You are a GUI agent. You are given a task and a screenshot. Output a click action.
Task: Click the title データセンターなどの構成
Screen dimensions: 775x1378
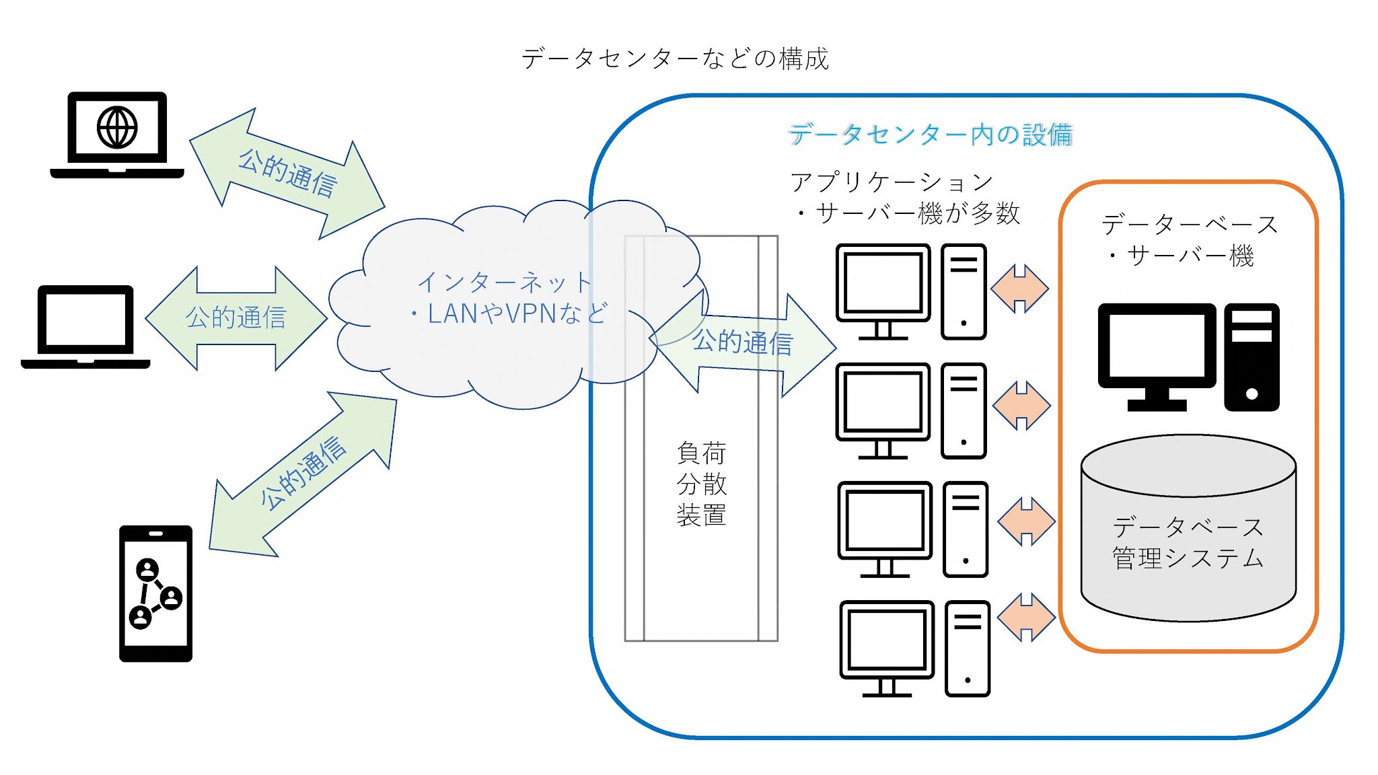(675, 59)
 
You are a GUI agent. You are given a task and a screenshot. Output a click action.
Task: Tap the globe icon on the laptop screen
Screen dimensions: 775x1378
(117, 127)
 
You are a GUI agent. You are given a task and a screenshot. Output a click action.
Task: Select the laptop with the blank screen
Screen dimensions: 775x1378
(85, 326)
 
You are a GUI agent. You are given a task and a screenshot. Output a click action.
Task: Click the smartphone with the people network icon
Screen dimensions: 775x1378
(155, 593)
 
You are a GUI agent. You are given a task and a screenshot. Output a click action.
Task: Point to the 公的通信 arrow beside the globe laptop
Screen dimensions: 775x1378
(287, 174)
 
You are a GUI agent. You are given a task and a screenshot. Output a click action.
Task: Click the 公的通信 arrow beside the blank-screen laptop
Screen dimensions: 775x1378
(235, 318)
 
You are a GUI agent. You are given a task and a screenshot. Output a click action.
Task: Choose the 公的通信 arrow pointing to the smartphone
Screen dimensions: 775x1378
(303, 474)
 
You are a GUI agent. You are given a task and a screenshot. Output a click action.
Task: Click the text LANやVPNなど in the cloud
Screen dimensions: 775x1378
(509, 313)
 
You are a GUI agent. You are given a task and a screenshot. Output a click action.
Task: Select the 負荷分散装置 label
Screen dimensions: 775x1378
(701, 484)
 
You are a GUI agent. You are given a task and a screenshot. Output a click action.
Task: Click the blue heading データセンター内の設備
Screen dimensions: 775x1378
(930, 135)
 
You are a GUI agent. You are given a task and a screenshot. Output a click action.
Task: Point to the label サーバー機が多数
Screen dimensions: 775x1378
(918, 214)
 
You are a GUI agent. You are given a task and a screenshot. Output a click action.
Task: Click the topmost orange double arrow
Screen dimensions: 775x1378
(1020, 289)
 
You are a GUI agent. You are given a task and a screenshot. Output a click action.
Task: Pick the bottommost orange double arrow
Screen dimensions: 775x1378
(1026, 617)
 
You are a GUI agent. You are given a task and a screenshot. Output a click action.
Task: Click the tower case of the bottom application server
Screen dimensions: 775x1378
(968, 649)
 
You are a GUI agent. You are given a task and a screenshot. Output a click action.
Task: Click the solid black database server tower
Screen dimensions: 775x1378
(1252, 357)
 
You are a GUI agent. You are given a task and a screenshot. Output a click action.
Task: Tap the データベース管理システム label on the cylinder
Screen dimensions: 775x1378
(1188, 542)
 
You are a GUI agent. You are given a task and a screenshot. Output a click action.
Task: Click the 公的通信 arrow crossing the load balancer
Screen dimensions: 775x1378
(743, 342)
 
